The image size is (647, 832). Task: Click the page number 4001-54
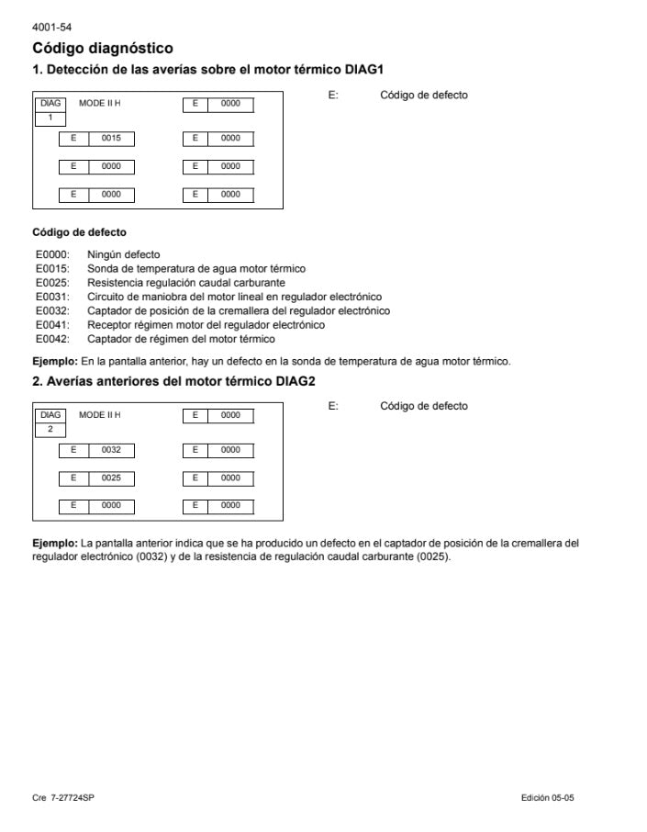click(51, 28)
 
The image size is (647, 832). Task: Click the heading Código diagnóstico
click(103, 48)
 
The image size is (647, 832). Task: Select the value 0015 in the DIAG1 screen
click(111, 139)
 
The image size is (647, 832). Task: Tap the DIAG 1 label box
click(50, 110)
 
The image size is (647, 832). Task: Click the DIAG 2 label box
click(50, 422)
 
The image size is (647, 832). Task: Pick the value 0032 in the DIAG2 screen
click(111, 450)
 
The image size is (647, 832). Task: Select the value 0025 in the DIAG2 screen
click(111, 478)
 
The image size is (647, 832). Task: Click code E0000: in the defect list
click(52, 254)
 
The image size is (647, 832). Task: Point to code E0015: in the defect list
click(52, 269)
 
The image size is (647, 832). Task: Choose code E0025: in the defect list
click(52, 283)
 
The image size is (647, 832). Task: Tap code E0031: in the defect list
click(52, 297)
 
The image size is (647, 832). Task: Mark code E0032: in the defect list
click(52, 310)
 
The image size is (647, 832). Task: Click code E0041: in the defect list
click(52, 324)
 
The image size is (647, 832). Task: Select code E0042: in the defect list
click(52, 338)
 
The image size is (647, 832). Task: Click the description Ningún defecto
click(123, 254)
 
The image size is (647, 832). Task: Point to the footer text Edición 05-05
click(547, 797)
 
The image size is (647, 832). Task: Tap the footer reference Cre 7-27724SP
click(63, 797)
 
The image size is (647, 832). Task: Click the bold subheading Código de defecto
click(79, 232)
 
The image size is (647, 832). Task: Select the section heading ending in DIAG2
click(174, 381)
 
